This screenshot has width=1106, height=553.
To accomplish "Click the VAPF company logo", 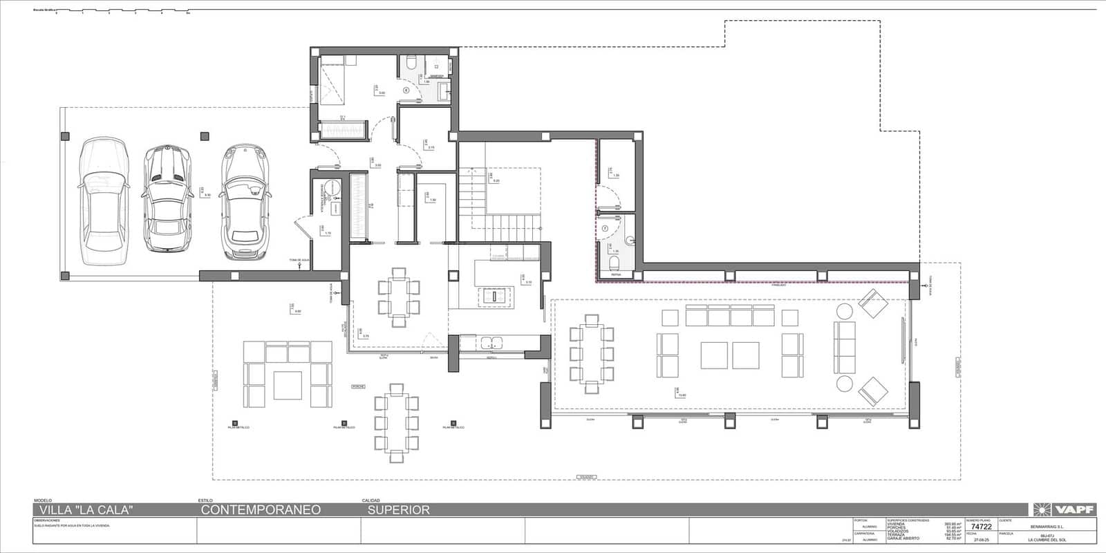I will (1065, 509).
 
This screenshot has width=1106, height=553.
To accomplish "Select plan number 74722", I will (981, 527).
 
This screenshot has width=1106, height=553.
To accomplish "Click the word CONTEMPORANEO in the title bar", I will (261, 510).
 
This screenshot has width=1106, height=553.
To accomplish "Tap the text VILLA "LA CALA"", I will (83, 510).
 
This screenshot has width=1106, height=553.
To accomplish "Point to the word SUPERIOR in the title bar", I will (398, 510).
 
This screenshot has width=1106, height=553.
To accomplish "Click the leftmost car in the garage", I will (104, 201).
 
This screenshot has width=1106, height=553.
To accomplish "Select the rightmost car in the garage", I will (245, 201).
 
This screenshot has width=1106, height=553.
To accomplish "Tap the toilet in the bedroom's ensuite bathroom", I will (411, 65).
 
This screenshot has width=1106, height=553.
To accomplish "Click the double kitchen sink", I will (491, 341).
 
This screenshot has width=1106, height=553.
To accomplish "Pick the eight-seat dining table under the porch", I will (396, 421).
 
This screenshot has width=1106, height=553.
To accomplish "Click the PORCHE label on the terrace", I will (358, 386).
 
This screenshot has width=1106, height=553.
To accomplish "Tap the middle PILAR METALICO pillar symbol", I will (344, 422).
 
